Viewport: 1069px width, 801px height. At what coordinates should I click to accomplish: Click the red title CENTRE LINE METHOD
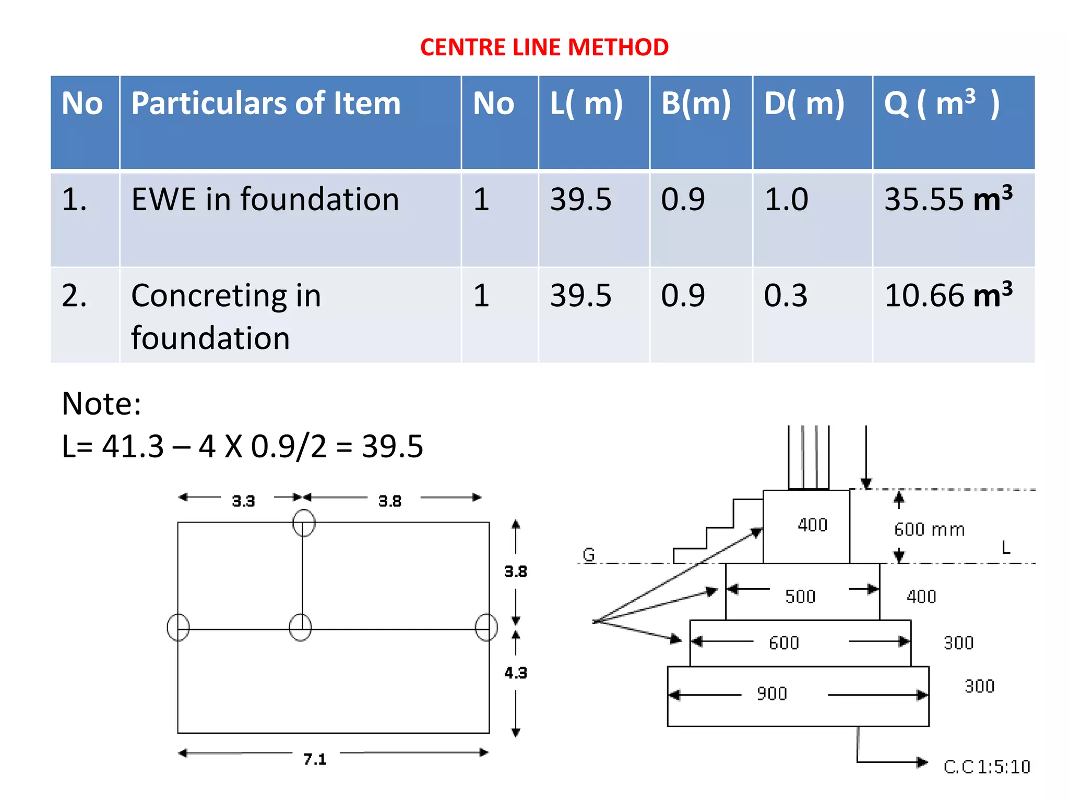point(544,47)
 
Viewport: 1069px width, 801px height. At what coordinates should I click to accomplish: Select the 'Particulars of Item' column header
point(266,103)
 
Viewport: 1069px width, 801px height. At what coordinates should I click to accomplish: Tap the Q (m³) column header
point(941,103)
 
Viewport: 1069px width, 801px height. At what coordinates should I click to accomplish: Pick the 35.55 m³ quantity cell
point(948,199)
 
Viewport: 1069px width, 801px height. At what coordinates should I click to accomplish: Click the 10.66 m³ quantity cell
point(948,295)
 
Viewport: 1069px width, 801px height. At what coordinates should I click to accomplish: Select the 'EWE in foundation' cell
point(265,200)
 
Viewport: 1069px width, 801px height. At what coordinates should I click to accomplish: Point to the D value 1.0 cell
point(786,200)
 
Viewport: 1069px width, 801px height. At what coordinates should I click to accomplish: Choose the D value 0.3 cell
point(786,296)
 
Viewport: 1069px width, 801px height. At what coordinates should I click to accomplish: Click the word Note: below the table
point(101,404)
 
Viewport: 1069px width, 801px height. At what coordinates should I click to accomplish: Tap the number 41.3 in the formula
point(133,446)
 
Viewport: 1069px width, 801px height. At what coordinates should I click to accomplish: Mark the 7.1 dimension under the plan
point(315,759)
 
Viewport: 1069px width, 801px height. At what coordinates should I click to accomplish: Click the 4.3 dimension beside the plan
point(515,673)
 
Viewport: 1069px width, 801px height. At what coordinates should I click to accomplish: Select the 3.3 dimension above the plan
point(243,501)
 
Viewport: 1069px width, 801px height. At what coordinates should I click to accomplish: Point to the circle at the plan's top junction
point(304,523)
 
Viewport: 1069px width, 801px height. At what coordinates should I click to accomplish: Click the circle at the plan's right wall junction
point(486,627)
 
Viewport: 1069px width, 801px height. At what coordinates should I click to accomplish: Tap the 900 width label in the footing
point(772,694)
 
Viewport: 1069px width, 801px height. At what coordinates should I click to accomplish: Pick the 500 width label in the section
point(800,596)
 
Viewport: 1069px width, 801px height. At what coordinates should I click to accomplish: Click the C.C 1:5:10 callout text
point(987,767)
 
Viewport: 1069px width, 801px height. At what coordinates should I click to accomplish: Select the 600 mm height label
point(929,529)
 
